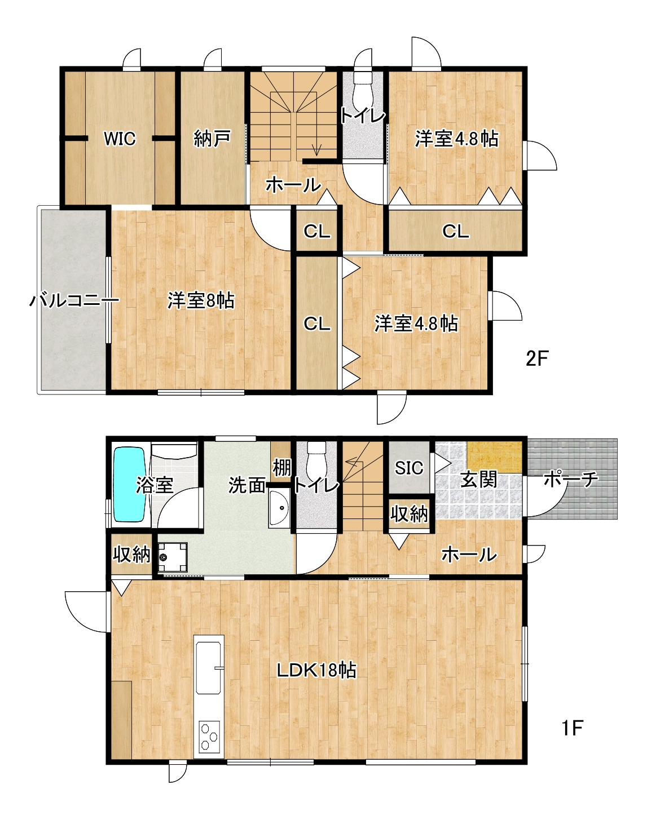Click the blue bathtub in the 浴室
(130, 485)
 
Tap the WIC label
(120, 139)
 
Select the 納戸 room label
(212, 138)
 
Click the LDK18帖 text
(316, 681)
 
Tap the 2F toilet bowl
(362, 92)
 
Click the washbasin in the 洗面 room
(279, 508)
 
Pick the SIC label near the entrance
(408, 468)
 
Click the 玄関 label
(479, 479)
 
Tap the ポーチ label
(571, 480)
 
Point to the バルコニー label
(74, 300)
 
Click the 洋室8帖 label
(201, 300)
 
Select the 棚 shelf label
(282, 467)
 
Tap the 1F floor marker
(571, 728)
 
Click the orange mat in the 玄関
(494, 456)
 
